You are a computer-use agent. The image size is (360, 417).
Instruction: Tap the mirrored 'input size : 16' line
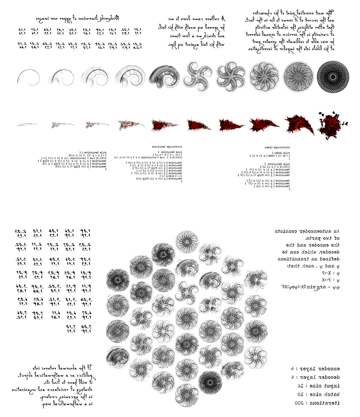tap(317, 386)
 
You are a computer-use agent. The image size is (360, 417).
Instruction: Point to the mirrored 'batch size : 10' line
tap(317, 395)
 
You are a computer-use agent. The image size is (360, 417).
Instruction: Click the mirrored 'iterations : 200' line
tap(317, 403)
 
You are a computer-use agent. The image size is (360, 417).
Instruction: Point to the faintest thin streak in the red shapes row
tap(27, 124)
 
